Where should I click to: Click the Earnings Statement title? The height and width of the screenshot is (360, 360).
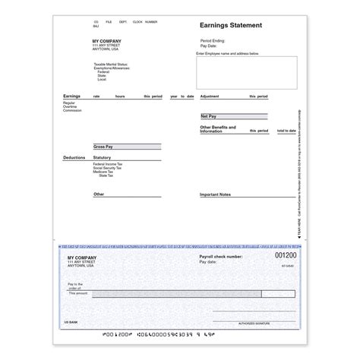231,25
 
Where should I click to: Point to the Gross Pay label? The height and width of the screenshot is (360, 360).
103,146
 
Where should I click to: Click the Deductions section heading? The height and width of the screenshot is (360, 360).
74,158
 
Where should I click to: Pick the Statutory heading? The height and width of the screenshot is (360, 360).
102,158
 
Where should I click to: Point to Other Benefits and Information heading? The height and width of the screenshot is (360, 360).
217,129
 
